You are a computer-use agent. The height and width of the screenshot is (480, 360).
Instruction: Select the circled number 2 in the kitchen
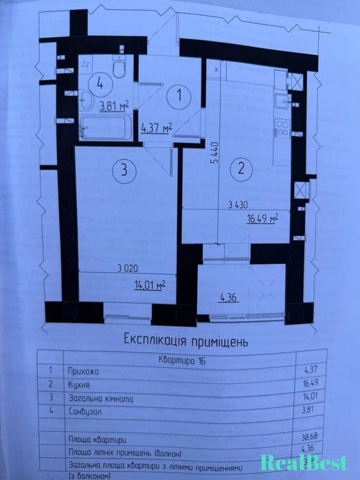(241, 166)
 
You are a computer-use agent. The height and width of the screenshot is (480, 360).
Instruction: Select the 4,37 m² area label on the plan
(156, 127)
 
